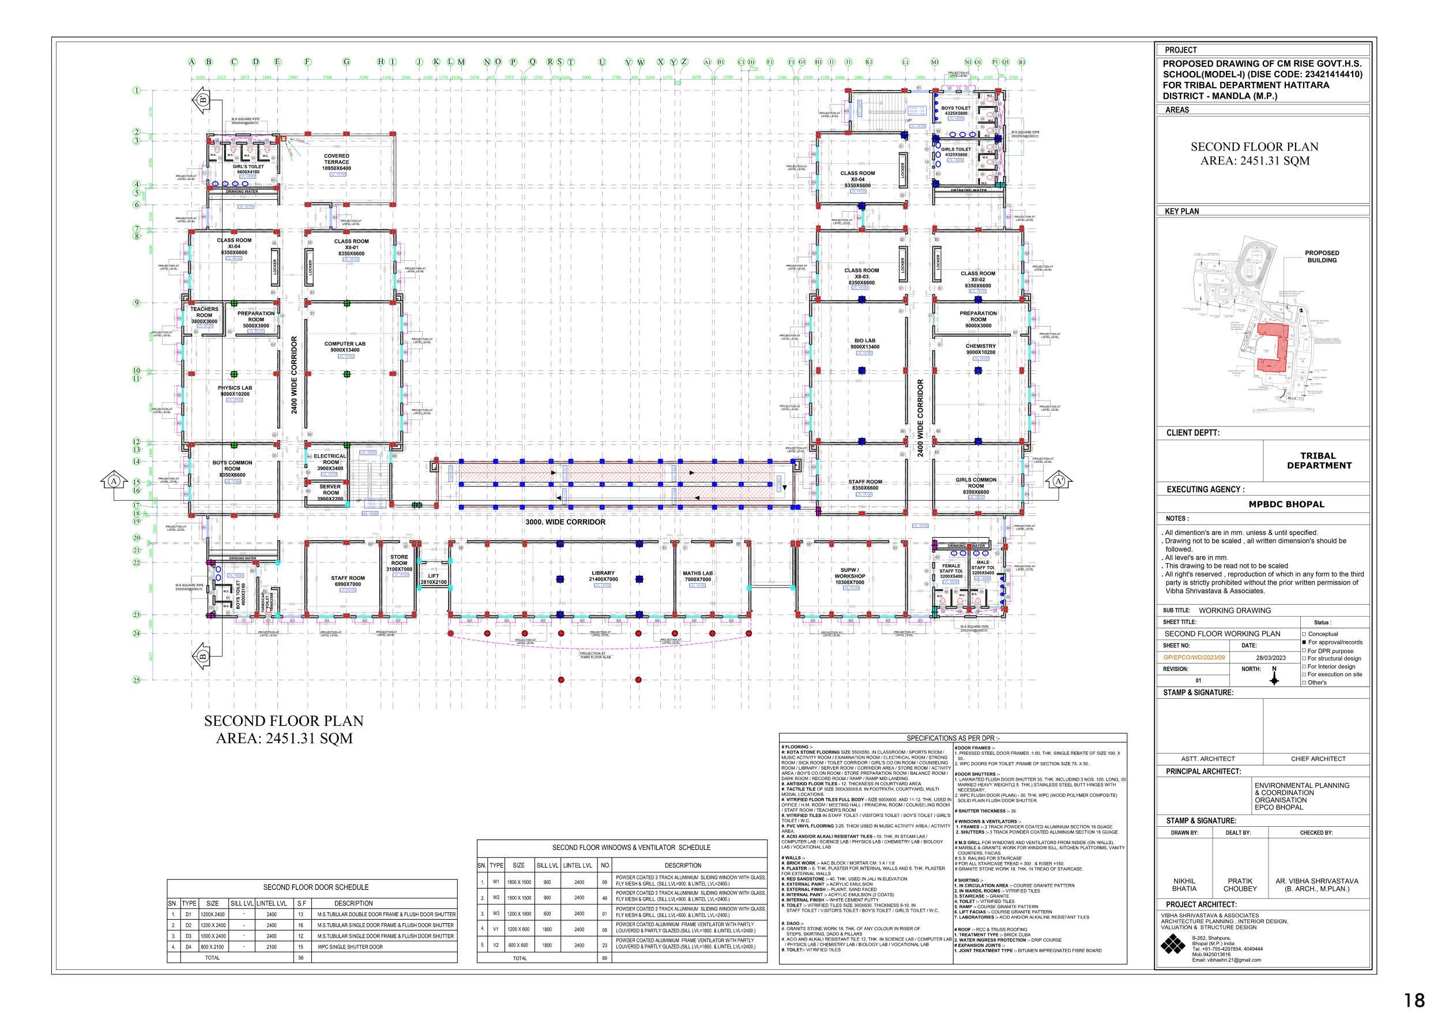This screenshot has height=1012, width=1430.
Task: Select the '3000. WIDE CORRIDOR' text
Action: pyautogui.click(x=565, y=522)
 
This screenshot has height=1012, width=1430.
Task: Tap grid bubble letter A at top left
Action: pyautogui.click(x=192, y=62)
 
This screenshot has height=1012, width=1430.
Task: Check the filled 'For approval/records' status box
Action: pyautogui.click(x=1304, y=642)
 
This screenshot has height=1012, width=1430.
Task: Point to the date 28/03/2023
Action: pyautogui.click(x=1270, y=657)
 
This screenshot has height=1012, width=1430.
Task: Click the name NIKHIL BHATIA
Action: pyautogui.click(x=1184, y=885)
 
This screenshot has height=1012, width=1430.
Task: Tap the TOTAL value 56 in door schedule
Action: pyautogui.click(x=301, y=957)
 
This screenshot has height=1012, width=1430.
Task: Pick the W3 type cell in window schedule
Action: pyautogui.click(x=496, y=913)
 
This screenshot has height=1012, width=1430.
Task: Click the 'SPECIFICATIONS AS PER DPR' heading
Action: pyautogui.click(x=953, y=738)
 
